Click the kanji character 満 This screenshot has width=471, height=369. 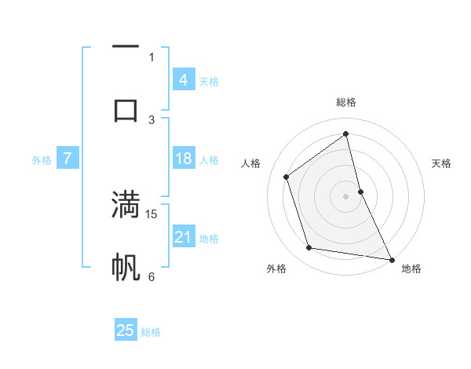click(126, 205)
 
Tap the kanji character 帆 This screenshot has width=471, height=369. click(126, 267)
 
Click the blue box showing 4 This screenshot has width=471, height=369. click(183, 79)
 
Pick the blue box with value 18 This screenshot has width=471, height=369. click(183, 159)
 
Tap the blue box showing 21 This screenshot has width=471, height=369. click(183, 237)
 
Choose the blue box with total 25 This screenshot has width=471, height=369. click(126, 331)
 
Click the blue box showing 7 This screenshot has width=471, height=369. click(68, 159)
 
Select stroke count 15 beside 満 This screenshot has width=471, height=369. click(152, 214)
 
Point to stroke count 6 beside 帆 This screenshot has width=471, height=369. click(152, 276)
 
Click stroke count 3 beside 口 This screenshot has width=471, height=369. click(152, 119)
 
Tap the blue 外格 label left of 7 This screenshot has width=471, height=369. click(42, 160)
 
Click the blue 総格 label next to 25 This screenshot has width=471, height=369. click(151, 332)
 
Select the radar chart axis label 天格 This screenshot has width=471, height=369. click(441, 163)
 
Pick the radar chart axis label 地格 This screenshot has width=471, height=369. click(411, 269)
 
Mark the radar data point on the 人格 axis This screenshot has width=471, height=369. click(286, 176)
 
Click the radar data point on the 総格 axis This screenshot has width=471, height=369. click(345, 134)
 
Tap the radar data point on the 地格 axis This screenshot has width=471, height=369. click(391, 258)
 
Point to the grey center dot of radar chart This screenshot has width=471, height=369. click(345, 195)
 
